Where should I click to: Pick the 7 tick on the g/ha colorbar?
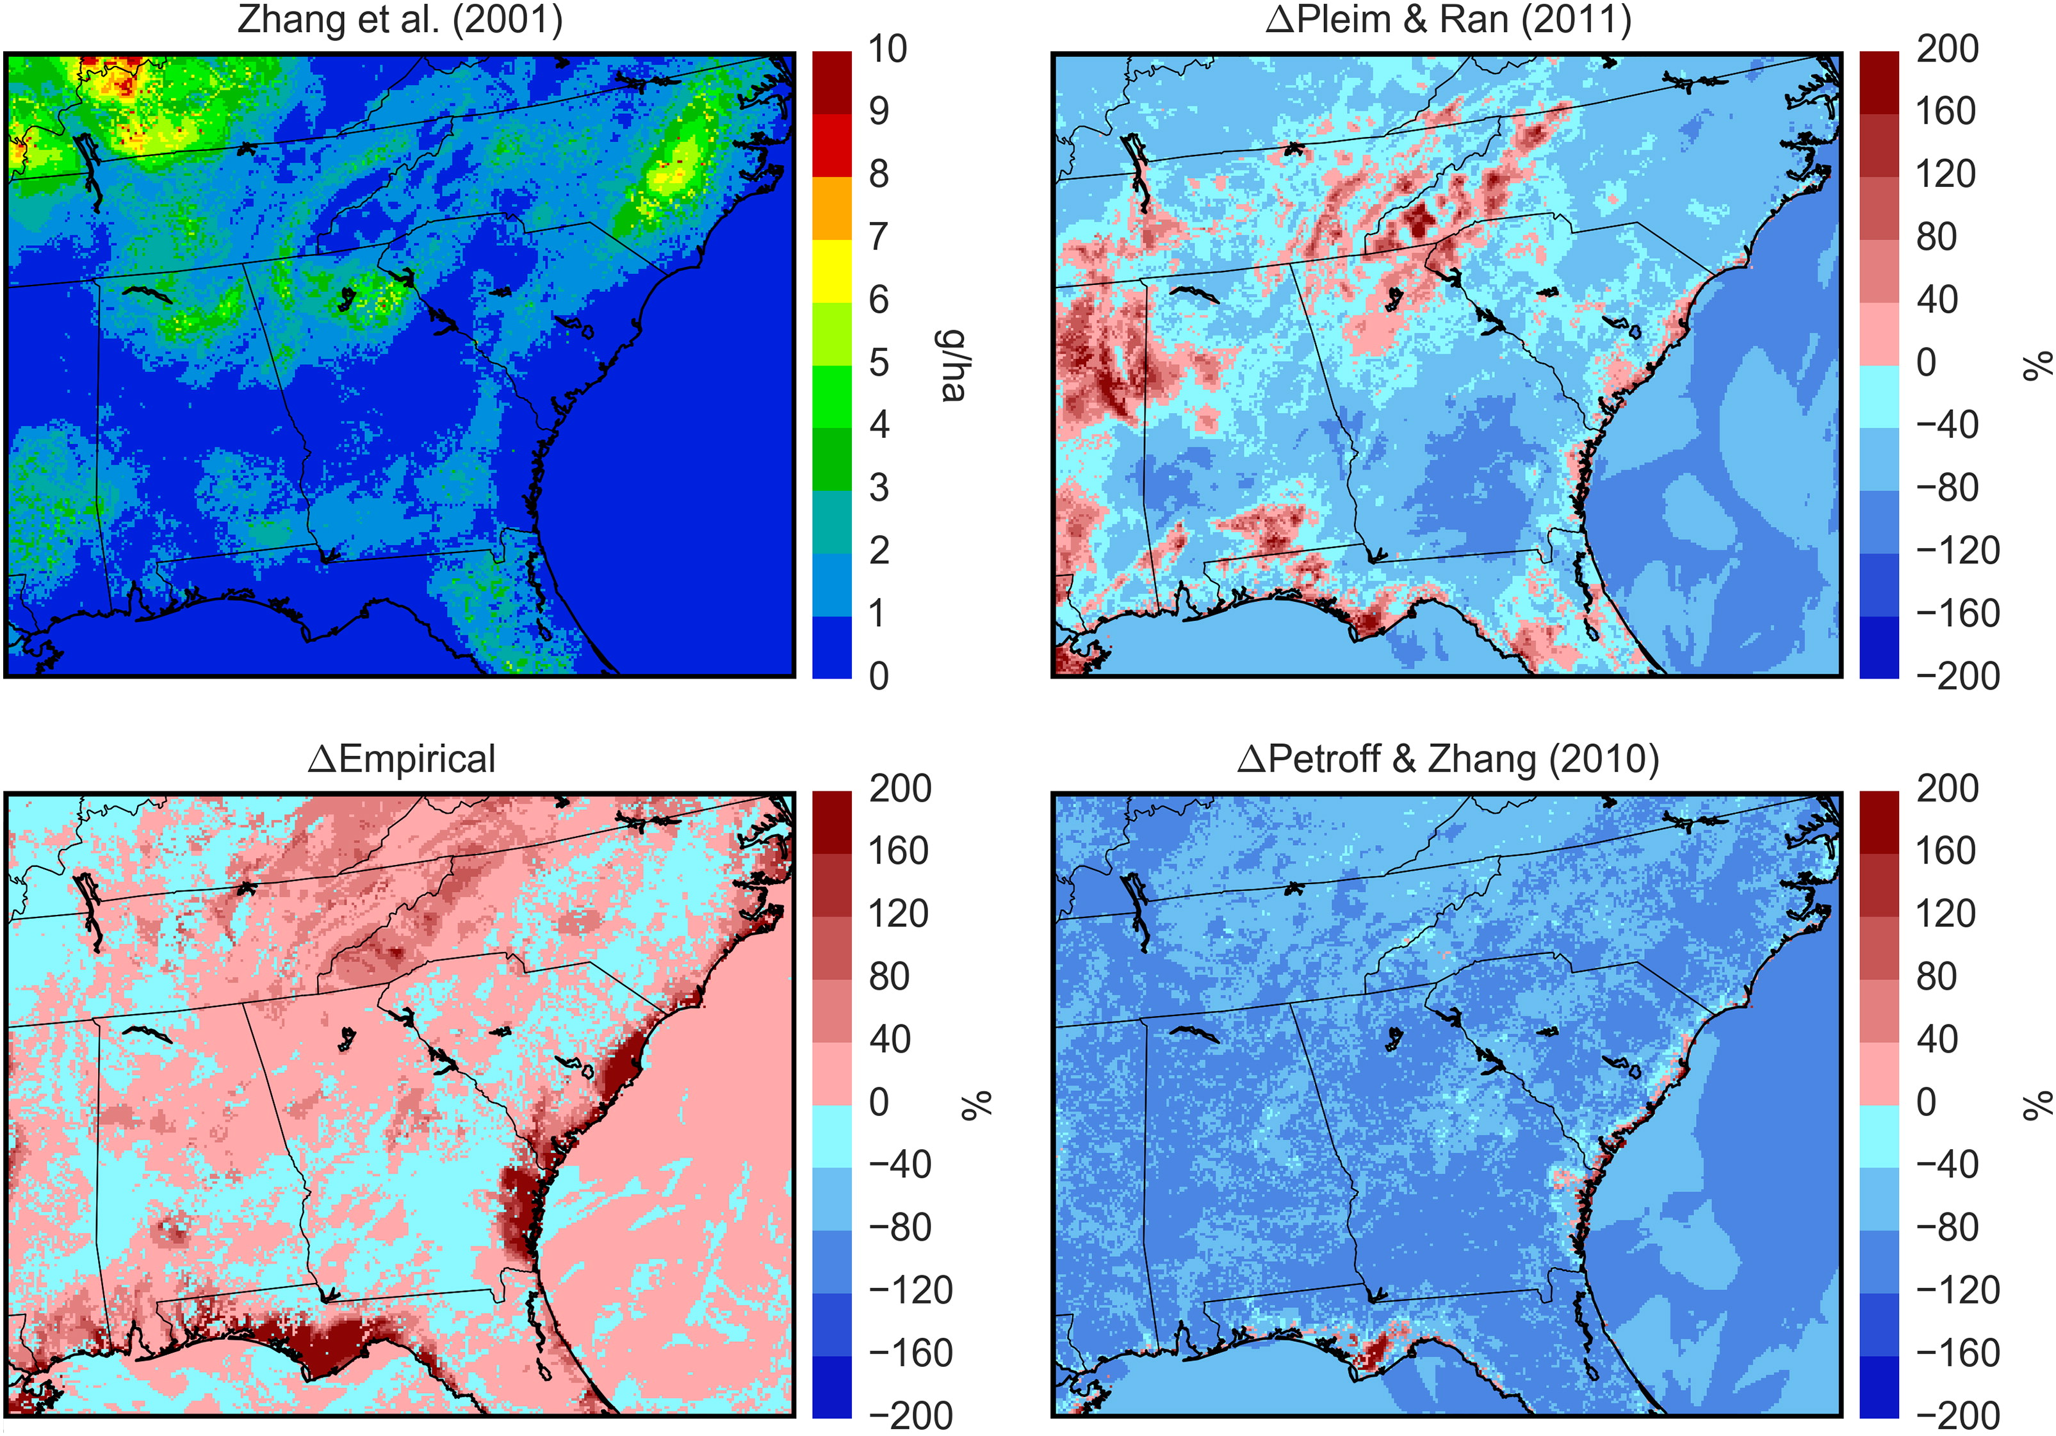879,236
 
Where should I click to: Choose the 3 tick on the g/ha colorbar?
879,487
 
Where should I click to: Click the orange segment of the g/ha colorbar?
832,207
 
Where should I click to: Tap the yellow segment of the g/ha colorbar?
832,270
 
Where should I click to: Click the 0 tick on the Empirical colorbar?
879,1101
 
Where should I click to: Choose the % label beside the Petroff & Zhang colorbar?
2038,1105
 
